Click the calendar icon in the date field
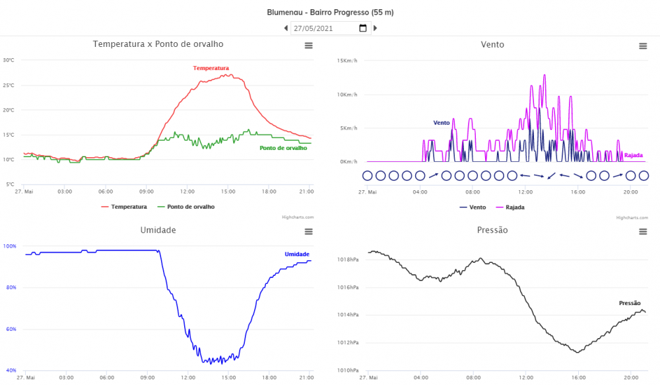pos(362,28)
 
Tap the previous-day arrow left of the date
pos(286,28)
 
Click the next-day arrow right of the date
pos(376,28)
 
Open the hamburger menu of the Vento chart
pos(643,46)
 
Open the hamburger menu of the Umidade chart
pos(308,231)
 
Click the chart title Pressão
pos(492,230)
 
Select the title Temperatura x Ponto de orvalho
pos(158,44)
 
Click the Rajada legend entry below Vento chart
pos(515,207)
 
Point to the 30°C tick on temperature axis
pos(9,60)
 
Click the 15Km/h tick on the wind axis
pos(347,61)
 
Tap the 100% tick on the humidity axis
pos(10,246)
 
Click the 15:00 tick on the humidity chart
pos(228,378)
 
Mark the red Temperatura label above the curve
pos(211,68)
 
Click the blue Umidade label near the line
pos(297,254)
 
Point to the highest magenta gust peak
pos(544,75)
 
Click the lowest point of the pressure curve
pos(577,352)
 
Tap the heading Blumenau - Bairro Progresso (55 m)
pos(330,13)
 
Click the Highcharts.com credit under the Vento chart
pos(630,217)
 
